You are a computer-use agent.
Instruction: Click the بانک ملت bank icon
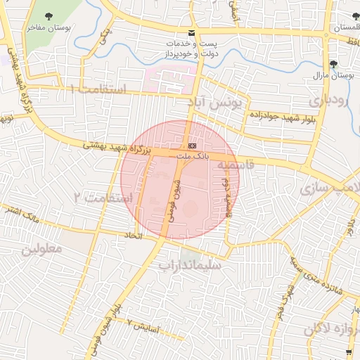point(193,146)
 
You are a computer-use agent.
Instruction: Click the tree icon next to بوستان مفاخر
point(49,15)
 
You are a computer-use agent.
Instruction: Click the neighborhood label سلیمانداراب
point(190,266)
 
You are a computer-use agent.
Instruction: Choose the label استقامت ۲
point(103,198)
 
